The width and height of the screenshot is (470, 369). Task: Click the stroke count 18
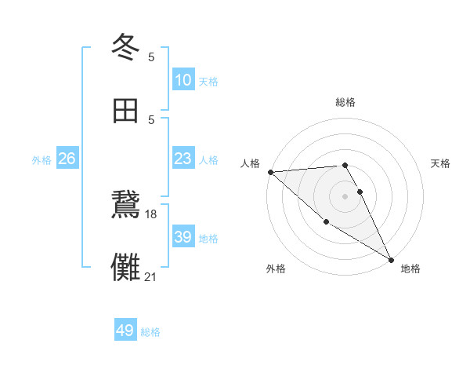(x=151, y=214)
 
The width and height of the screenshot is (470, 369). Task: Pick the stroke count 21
(x=151, y=276)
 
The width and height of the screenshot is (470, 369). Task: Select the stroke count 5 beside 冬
(x=151, y=57)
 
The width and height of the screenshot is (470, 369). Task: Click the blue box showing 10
(x=183, y=80)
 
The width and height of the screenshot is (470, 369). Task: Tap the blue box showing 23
(x=183, y=159)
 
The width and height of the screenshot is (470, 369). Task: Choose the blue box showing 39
(x=183, y=237)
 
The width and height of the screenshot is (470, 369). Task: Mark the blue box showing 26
(x=67, y=159)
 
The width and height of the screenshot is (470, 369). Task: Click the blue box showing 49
(x=125, y=331)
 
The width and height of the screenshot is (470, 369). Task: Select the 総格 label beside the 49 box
(x=150, y=332)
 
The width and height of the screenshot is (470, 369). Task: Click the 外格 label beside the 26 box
(x=42, y=160)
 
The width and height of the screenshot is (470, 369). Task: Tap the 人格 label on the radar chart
(x=250, y=163)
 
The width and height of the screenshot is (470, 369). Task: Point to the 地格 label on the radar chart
(x=410, y=269)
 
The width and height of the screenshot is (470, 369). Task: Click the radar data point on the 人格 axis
(x=270, y=172)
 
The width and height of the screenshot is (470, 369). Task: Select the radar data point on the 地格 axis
(x=391, y=259)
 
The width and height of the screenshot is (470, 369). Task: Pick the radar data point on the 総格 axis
(x=345, y=165)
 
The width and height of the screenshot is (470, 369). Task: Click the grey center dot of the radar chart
(x=345, y=196)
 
